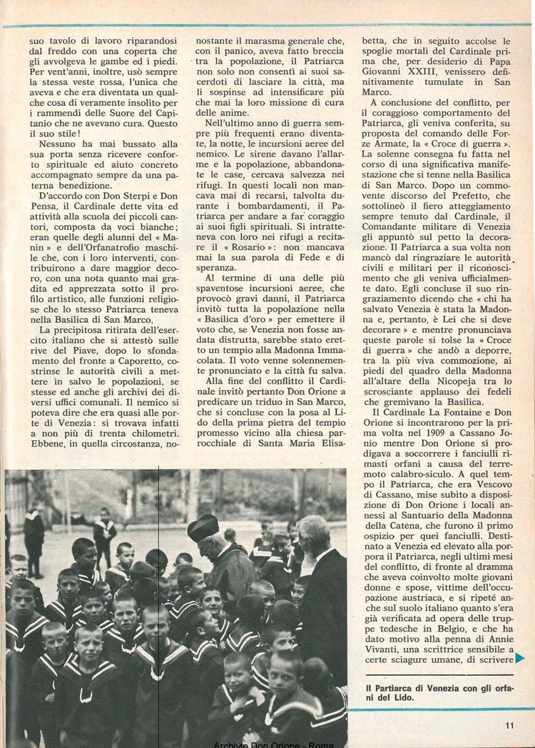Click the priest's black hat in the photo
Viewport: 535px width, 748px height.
(203, 527)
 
